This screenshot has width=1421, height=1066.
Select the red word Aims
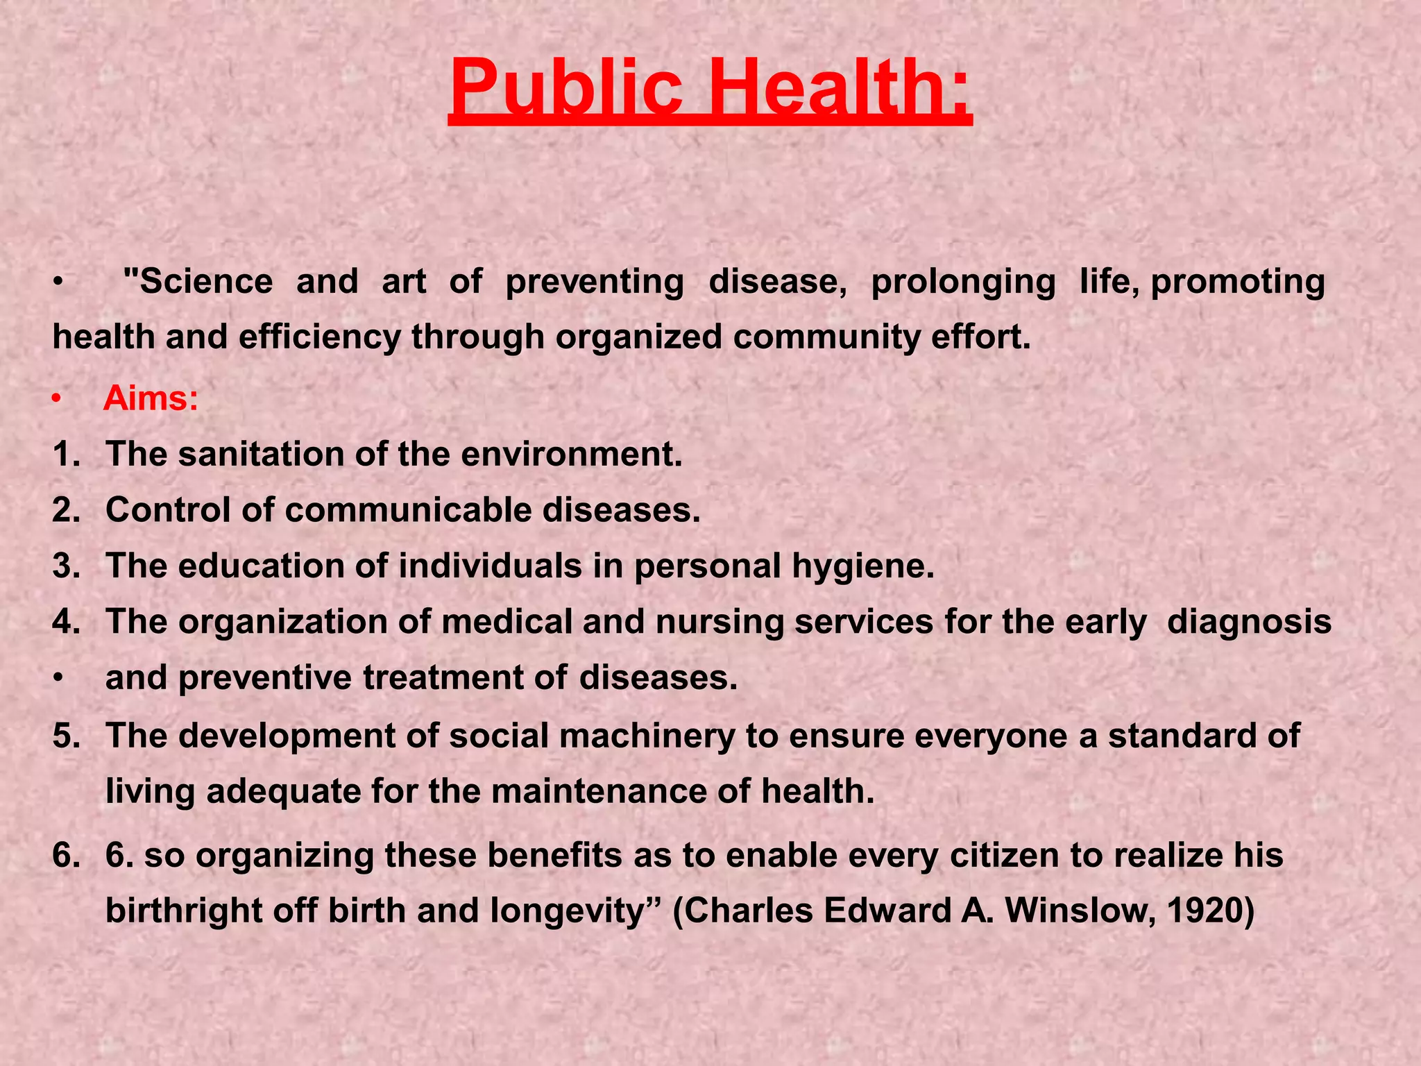151,399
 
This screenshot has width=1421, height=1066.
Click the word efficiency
320,337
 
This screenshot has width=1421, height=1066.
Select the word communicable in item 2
408,510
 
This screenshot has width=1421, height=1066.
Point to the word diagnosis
1249,622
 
